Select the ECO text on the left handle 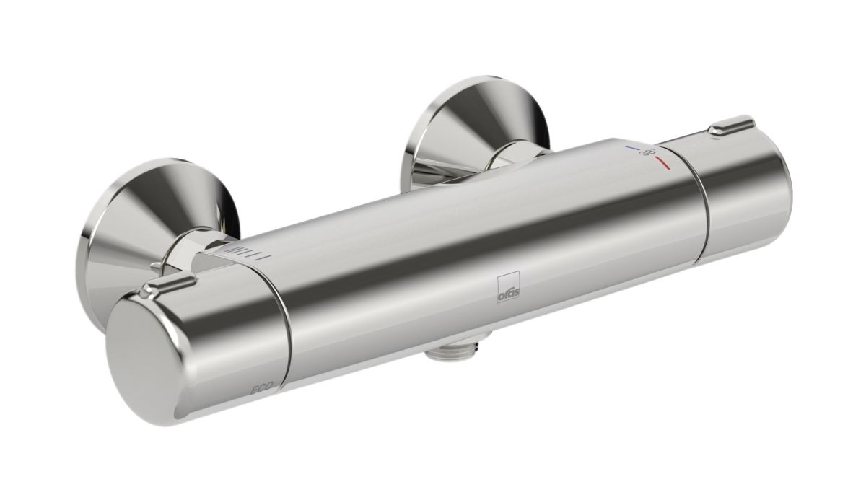point(262,389)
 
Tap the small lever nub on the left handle point(171,285)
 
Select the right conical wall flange point(473,130)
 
